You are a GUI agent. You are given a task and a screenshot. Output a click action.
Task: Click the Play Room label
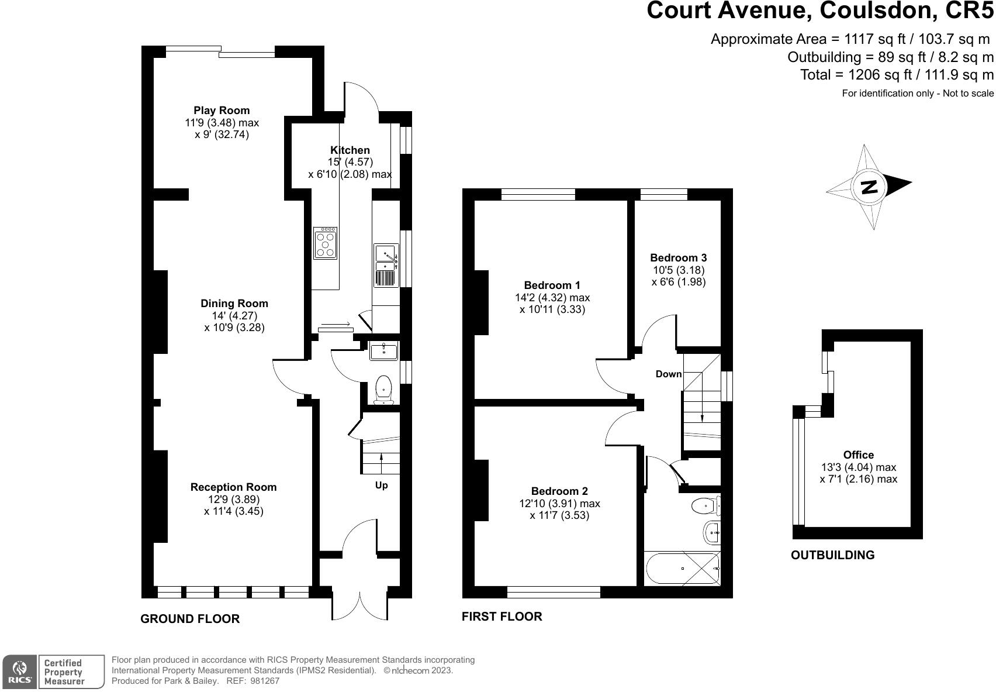click(222, 111)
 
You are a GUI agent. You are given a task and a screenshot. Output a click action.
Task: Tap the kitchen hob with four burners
click(325, 243)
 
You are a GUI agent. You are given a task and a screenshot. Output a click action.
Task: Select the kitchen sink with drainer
click(386, 265)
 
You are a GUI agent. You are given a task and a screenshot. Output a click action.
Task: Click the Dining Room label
click(234, 304)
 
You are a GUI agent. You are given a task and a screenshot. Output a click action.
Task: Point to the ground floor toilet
click(383, 390)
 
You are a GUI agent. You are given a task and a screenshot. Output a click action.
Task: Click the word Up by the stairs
click(382, 486)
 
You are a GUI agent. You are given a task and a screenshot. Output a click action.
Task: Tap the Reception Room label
click(233, 487)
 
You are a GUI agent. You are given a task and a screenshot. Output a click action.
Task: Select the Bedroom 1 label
click(552, 285)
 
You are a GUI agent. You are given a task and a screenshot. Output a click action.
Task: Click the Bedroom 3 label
click(679, 257)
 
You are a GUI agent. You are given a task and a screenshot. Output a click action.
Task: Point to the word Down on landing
click(669, 374)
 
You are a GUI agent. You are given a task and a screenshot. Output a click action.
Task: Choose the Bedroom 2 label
click(559, 491)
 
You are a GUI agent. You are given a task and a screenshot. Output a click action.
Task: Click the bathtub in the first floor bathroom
click(682, 569)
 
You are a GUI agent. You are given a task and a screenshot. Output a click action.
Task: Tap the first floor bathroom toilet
click(705, 505)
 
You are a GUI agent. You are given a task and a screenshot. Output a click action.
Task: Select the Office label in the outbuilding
click(859, 455)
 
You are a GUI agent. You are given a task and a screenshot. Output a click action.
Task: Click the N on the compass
click(869, 187)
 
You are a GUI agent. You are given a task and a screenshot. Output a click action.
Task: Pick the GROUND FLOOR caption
click(190, 619)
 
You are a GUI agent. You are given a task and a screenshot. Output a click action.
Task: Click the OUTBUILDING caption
click(833, 555)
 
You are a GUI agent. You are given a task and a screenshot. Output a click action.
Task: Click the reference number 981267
click(265, 681)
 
